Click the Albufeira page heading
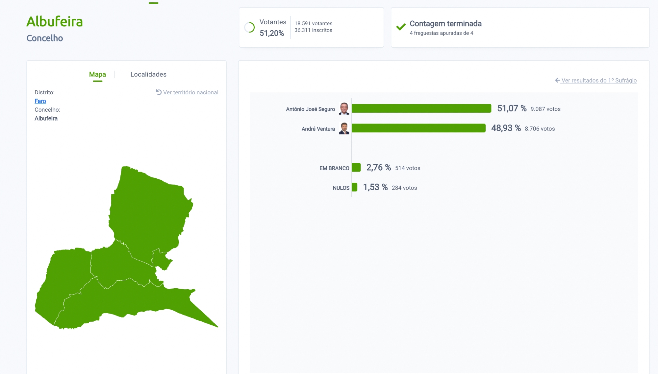point(55,22)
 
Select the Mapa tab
point(97,74)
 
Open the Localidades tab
point(148,74)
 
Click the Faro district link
point(40,101)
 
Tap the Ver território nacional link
point(187,92)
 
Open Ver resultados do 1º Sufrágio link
point(596,81)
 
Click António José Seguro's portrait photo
point(344,108)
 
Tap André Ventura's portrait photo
point(344,128)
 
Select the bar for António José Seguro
point(421,108)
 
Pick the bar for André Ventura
point(418,128)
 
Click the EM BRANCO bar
point(356,168)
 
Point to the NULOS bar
point(354,187)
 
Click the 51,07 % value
point(512,108)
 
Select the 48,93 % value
point(506,128)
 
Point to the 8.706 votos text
point(540,129)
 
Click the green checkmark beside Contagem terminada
point(401,27)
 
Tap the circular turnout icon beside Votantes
point(249,27)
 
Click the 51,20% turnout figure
point(271,33)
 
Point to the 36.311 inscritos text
point(313,30)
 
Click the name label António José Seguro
point(310,109)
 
